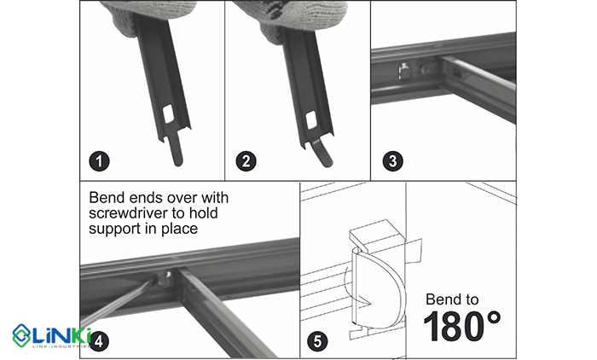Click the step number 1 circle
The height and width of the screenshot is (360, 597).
(x=99, y=160)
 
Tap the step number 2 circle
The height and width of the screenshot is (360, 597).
(x=246, y=160)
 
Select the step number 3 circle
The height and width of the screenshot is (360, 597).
(x=392, y=160)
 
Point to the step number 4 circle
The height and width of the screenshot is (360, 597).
(x=99, y=341)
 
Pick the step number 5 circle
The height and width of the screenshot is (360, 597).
(x=317, y=341)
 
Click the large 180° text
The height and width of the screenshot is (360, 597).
(x=462, y=327)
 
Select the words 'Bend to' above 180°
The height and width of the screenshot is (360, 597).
(x=452, y=299)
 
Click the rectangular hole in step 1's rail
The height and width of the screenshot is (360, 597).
(x=168, y=114)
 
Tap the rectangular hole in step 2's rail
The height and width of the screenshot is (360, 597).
(x=311, y=119)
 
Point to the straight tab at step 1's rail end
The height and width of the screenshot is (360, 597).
(x=176, y=149)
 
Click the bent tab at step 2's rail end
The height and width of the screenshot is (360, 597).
(x=321, y=153)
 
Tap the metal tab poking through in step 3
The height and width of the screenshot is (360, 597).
(x=403, y=71)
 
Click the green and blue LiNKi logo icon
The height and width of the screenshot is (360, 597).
(x=21, y=335)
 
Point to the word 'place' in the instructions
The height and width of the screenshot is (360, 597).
(x=179, y=229)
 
